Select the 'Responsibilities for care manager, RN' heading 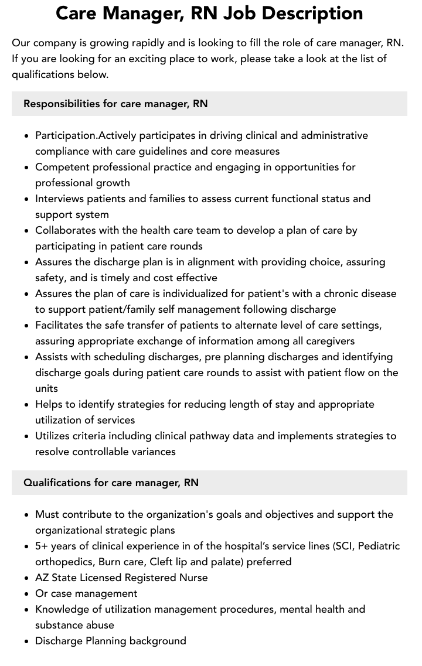point(115,104)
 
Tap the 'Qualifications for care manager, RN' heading point(111,483)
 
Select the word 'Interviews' point(60,199)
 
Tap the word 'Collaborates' point(66,230)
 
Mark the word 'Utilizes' point(55,436)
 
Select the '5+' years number point(42,546)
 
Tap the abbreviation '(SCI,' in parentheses point(343,546)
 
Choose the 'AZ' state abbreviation point(42,578)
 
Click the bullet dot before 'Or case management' point(27,594)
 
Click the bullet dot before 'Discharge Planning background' point(27,641)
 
